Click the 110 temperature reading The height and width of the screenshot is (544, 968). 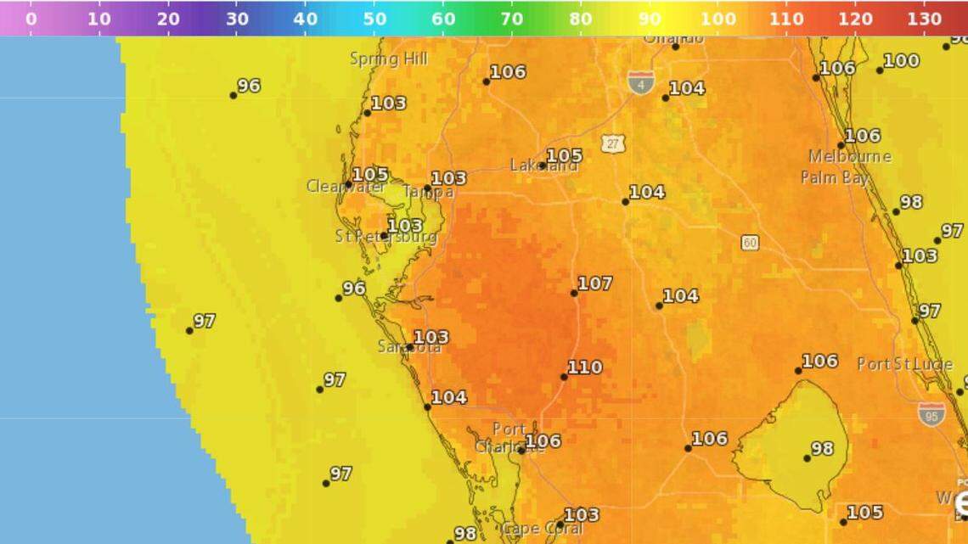point(585,367)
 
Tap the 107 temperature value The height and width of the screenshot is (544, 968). point(594,283)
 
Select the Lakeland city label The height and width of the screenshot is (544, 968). point(543,165)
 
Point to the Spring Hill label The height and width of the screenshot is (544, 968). point(389,59)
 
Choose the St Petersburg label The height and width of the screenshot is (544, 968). point(386,237)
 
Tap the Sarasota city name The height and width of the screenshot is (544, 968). point(409,346)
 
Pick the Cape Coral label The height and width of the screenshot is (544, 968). point(544,530)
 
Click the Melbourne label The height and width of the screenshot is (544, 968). point(850,157)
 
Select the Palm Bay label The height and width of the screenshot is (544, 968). point(835,177)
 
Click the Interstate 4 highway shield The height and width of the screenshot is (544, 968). point(641,82)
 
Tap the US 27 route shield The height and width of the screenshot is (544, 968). point(614,143)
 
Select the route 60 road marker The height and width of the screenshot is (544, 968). point(749,243)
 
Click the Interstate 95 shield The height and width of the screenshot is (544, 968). point(931,414)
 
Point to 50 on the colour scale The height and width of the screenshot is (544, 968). point(374,18)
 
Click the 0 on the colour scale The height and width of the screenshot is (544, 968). point(31,18)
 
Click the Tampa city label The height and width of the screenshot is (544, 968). point(428,193)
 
